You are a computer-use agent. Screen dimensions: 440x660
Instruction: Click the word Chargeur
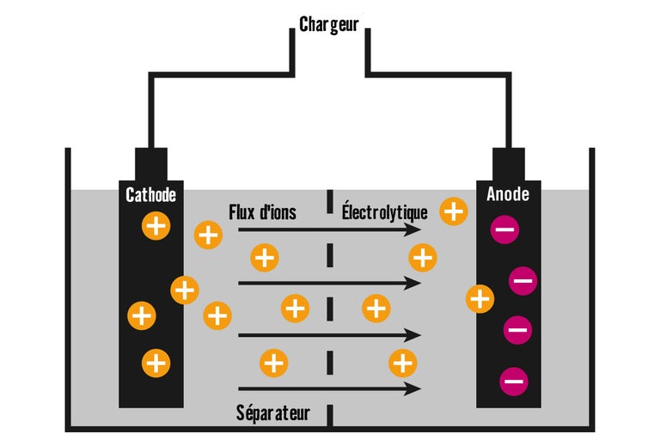pyautogui.click(x=330, y=24)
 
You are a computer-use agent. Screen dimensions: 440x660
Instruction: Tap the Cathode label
pyautogui.click(x=150, y=195)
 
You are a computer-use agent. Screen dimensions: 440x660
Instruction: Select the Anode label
pyautogui.click(x=508, y=195)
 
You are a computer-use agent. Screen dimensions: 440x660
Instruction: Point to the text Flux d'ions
pyautogui.click(x=262, y=211)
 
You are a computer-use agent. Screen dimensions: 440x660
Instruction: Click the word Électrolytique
pyautogui.click(x=384, y=211)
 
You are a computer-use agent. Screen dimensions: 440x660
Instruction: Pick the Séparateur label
pyautogui.click(x=272, y=413)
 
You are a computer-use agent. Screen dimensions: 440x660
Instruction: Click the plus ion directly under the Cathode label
pyautogui.click(x=156, y=227)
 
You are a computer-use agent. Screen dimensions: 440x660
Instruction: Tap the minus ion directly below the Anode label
pyautogui.click(x=504, y=229)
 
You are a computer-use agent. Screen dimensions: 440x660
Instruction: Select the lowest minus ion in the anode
pyautogui.click(x=514, y=379)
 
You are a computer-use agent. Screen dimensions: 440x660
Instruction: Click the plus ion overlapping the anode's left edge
pyautogui.click(x=480, y=299)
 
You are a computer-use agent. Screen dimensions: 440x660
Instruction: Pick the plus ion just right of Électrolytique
pyautogui.click(x=453, y=211)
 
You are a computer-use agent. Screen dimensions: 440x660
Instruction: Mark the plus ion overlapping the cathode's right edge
pyautogui.click(x=184, y=290)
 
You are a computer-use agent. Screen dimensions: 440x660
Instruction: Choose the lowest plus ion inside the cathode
pyautogui.click(x=156, y=363)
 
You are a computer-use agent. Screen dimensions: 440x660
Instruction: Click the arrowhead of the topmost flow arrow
pyautogui.click(x=416, y=229)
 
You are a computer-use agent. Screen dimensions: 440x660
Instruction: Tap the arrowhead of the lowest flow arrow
pyautogui.click(x=416, y=388)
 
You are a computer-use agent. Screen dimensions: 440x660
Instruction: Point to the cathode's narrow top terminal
pyautogui.click(x=150, y=164)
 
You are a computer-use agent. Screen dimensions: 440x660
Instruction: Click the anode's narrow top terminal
pyautogui.click(x=508, y=164)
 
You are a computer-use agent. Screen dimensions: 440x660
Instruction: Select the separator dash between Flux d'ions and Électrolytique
pyautogui.click(x=329, y=203)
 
